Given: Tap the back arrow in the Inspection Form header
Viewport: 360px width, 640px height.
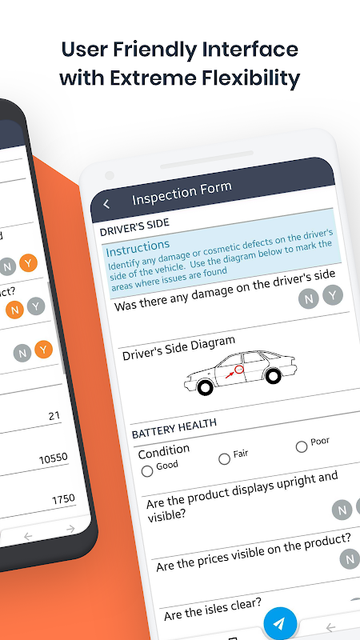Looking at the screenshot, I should click(106, 204).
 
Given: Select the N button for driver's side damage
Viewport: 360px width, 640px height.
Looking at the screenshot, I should click(308, 298).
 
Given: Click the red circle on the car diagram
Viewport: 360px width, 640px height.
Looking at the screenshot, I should click(238, 370).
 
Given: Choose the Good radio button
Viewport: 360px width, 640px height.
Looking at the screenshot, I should click(147, 471).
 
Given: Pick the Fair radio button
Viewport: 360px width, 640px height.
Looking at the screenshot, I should click(224, 459).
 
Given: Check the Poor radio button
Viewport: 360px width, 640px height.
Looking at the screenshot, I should click(302, 446).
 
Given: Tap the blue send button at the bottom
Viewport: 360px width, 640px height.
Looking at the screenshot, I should click(280, 623).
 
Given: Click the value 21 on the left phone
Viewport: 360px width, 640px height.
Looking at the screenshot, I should click(54, 416).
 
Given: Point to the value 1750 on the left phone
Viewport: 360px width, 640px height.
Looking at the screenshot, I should click(63, 499).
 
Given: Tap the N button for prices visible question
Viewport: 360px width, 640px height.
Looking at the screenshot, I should click(349, 559).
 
